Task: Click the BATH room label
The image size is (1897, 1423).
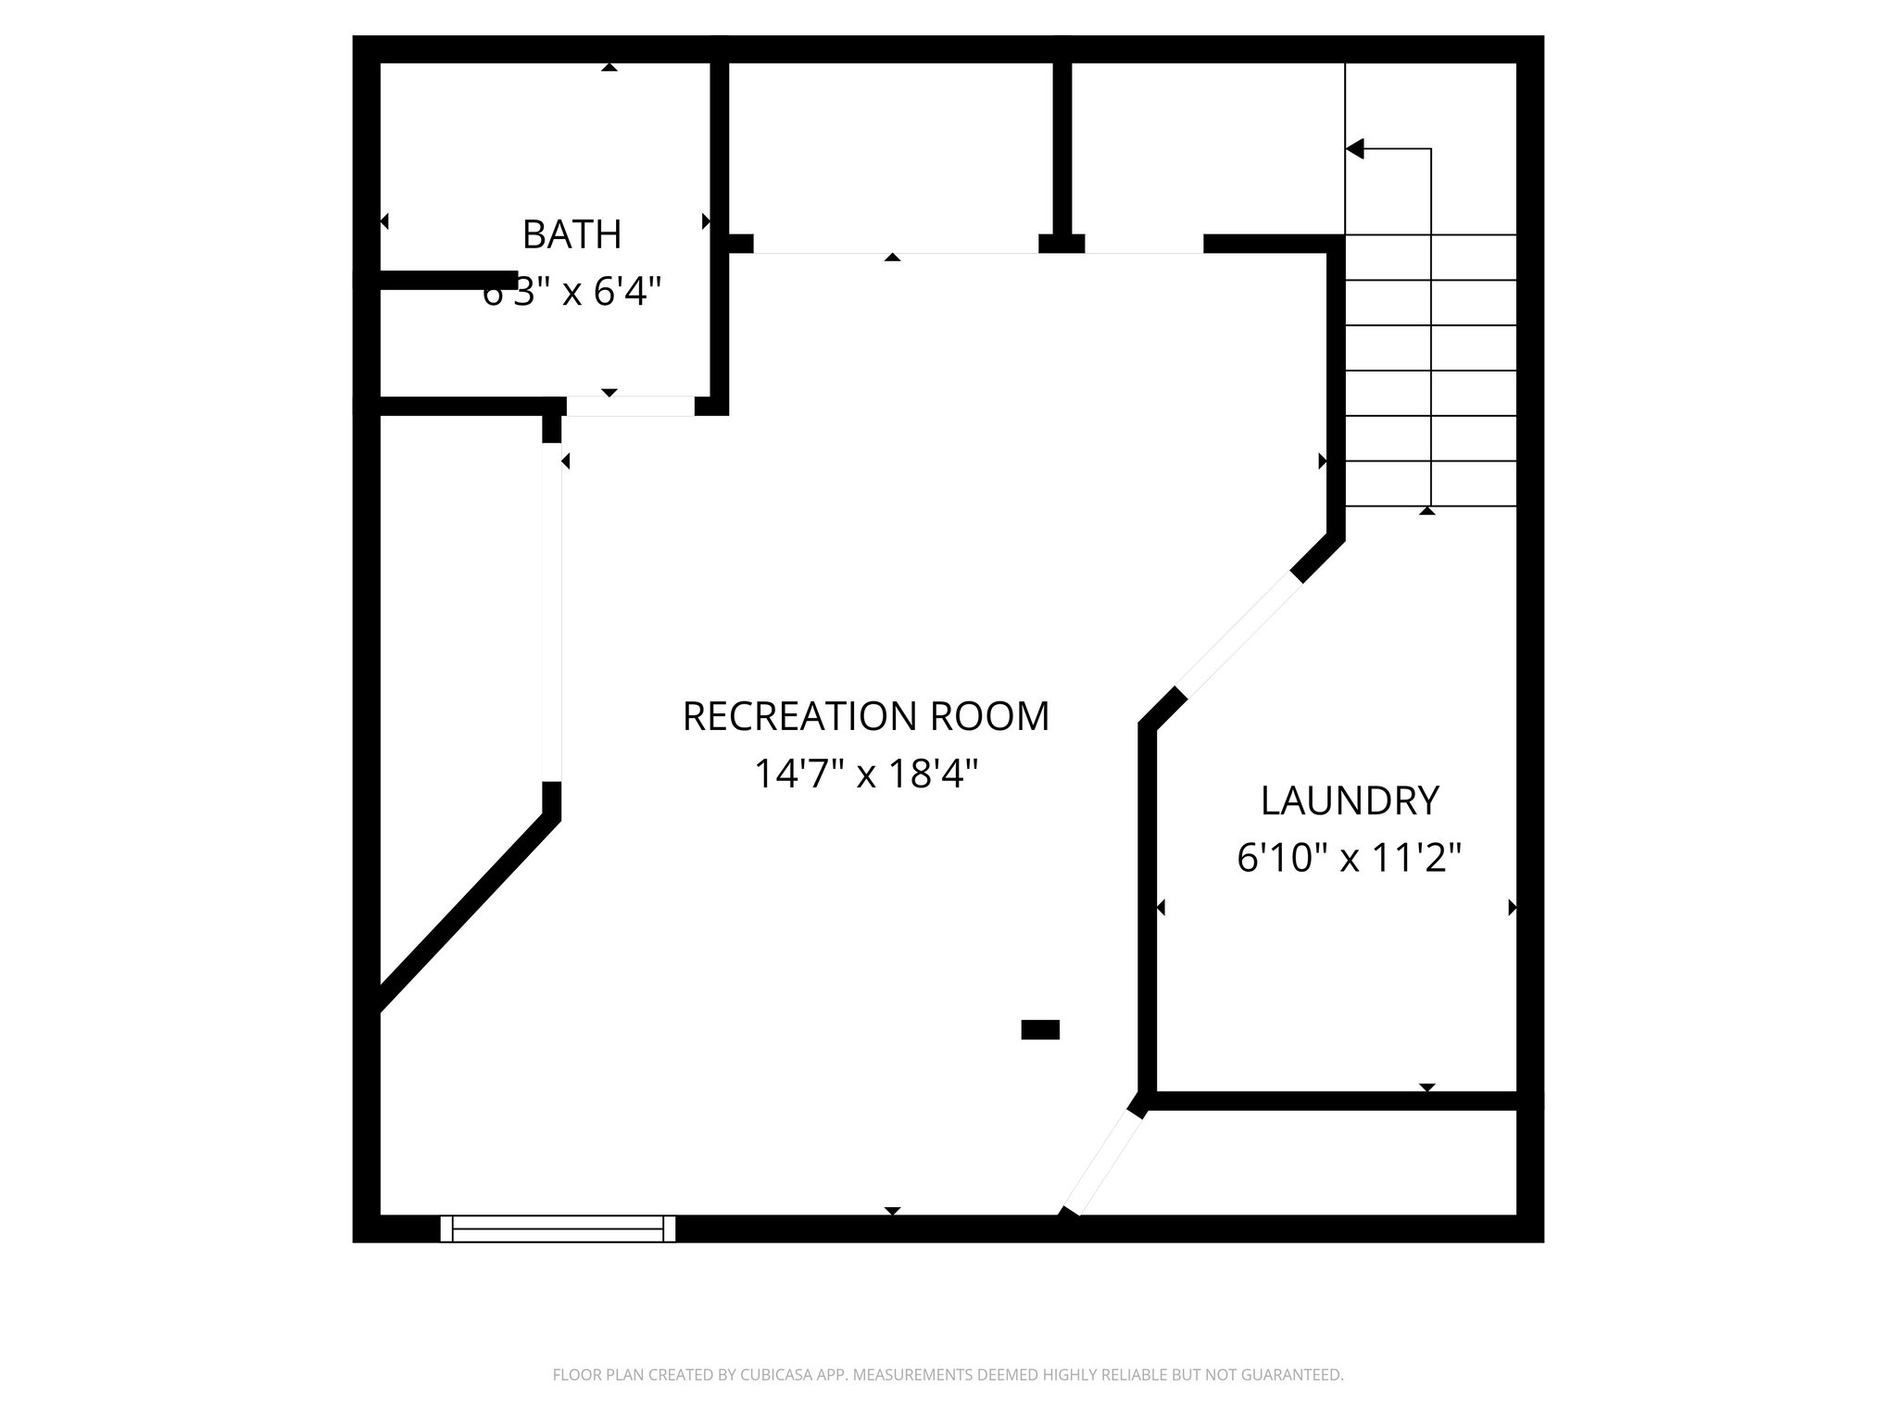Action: (572, 234)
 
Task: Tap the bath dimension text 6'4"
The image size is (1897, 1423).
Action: (627, 293)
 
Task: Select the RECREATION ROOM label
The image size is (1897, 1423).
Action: (866, 716)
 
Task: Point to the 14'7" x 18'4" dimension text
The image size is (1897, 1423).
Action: (866, 774)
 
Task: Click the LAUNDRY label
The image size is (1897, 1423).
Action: (1350, 801)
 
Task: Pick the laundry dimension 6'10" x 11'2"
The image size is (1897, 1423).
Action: (1350, 859)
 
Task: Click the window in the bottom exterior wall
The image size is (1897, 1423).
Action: (558, 1228)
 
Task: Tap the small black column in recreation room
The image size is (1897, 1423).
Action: (1040, 1029)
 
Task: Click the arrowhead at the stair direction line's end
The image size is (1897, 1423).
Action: (1355, 148)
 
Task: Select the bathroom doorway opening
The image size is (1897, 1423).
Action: (630, 406)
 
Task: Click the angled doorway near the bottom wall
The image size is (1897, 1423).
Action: (1103, 1162)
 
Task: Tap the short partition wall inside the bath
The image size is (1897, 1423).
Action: (448, 280)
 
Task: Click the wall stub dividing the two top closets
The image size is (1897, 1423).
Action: (1062, 153)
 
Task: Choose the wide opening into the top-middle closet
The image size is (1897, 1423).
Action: (895, 245)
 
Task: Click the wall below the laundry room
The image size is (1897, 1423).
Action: (1334, 1101)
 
